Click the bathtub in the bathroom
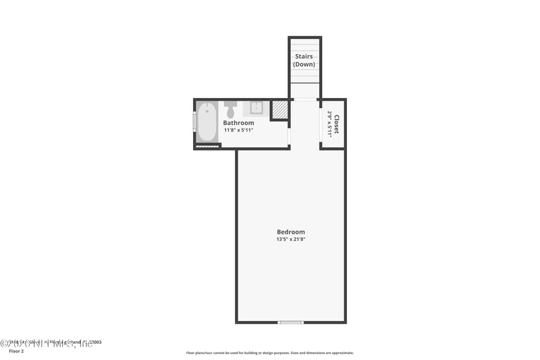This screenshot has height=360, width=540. (x=207, y=122)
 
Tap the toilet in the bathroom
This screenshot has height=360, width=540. (x=231, y=108)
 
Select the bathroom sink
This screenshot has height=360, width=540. (x=257, y=107)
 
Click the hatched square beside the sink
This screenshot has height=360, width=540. (x=280, y=110)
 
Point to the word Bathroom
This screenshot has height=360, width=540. (x=239, y=123)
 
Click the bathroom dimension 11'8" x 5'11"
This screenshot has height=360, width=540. (x=239, y=130)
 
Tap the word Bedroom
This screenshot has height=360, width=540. (x=290, y=232)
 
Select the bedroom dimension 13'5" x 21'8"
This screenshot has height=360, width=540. (x=290, y=239)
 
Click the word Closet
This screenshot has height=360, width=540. (x=336, y=124)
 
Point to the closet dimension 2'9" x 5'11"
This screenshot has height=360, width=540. (x=329, y=124)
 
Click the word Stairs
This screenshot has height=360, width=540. (x=304, y=57)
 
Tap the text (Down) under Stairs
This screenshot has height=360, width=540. (x=304, y=64)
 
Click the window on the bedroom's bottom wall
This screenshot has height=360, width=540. (x=291, y=322)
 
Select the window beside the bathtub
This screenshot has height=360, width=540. (x=195, y=122)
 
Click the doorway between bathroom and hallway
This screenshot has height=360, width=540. (x=290, y=136)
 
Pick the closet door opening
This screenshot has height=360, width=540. (x=320, y=124)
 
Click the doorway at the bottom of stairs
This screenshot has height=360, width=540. (x=305, y=99)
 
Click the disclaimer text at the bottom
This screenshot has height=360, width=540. (x=269, y=353)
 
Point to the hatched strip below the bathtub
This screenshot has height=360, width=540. (x=207, y=146)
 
